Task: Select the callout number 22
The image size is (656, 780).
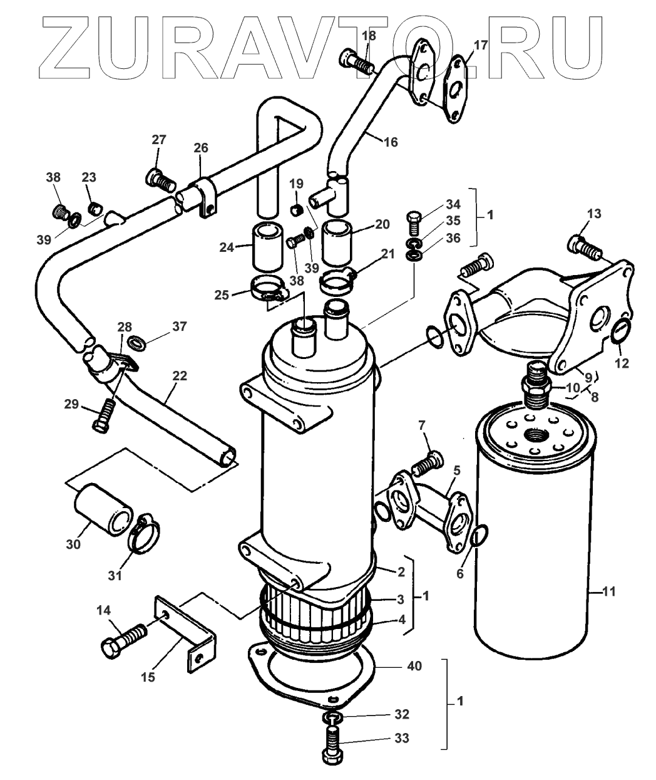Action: point(180,377)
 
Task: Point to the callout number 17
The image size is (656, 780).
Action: point(480,45)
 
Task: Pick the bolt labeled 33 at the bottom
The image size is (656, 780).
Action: point(332,746)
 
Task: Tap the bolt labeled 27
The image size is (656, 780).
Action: point(161,180)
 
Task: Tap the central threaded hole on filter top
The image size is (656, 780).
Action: point(538,434)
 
